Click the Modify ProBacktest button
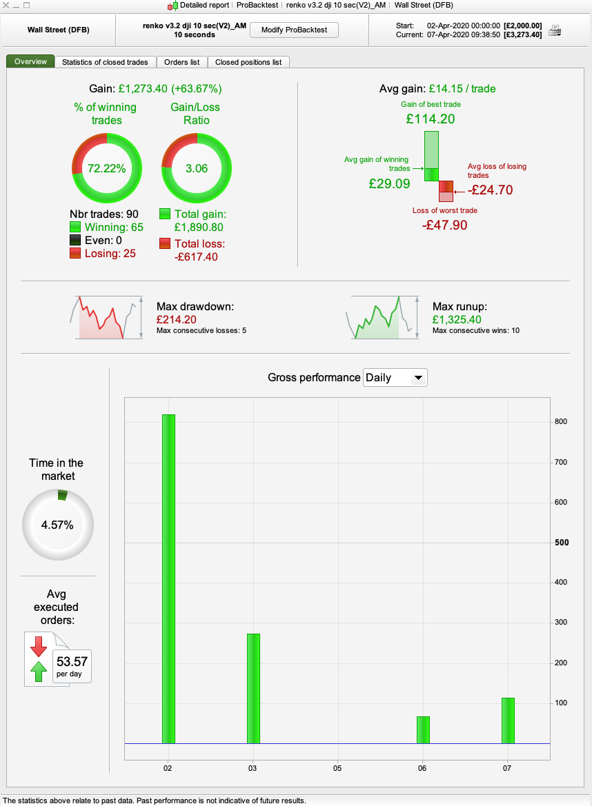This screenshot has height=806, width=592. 294,30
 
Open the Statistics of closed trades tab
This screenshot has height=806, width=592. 105,62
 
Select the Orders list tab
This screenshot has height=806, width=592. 181,62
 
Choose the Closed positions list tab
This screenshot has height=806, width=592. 248,62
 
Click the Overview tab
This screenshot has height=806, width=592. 30,61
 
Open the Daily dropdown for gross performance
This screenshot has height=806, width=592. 395,378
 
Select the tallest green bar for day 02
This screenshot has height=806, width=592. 168,578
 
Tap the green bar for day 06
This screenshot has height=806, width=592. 423,729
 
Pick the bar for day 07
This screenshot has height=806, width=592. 508,721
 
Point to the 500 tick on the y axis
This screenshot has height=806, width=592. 562,543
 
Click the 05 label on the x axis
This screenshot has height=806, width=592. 337,768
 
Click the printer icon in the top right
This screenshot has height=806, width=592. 555,30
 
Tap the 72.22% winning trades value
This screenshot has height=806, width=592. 107,168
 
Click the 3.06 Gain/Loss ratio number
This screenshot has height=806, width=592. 197,168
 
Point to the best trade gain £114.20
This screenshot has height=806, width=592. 431,119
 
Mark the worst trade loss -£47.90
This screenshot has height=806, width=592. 444,225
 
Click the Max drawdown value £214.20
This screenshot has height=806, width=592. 176,320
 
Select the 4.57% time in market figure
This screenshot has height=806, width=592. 57,525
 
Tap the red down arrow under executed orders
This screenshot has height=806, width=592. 38,645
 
